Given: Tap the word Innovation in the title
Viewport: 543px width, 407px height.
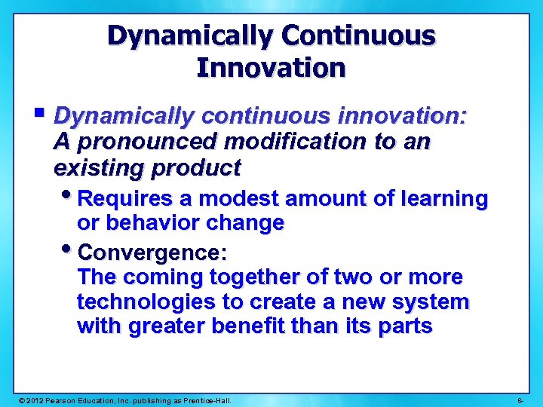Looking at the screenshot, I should pyautogui.click(x=271, y=68).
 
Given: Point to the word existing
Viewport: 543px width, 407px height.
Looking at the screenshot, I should pyautogui.click(x=95, y=166).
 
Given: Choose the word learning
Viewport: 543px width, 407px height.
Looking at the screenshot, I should pyautogui.click(x=444, y=199).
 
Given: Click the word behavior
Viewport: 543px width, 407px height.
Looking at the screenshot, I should pyautogui.click(x=155, y=223).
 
